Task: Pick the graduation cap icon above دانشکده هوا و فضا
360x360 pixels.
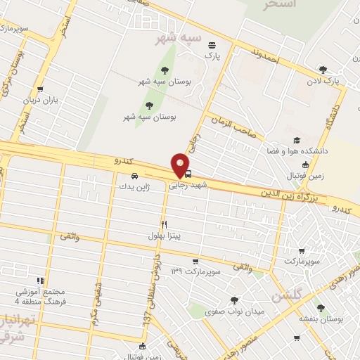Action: coord(297,140)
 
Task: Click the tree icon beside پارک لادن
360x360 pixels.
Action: coord(323,69)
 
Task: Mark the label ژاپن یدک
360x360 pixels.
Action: coord(134,187)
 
